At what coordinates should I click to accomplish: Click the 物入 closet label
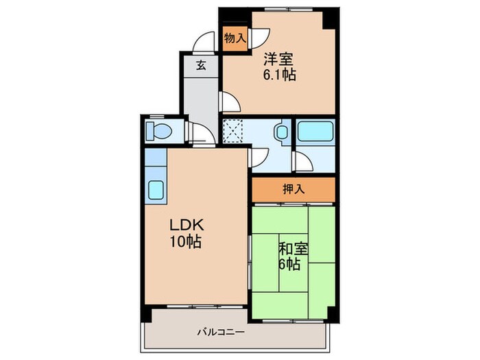pos(235,38)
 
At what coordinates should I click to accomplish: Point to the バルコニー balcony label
pos(221,331)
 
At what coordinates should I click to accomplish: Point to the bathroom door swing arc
pos(302,162)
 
